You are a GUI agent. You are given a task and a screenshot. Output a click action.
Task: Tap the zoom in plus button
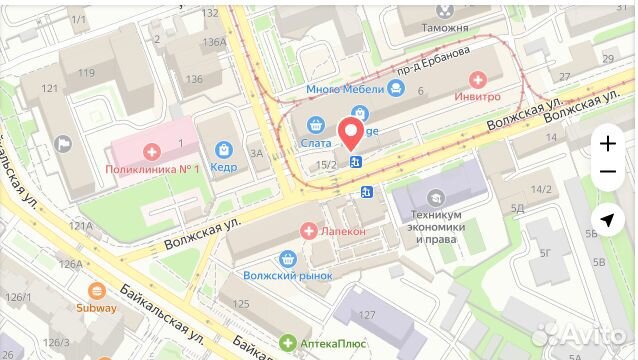tap(607, 143)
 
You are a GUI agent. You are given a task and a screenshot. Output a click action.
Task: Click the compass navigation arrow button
tap(607, 220)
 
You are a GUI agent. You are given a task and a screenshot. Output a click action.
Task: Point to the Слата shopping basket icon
tap(317, 125)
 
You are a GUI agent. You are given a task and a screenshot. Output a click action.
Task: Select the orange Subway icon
tap(97, 291)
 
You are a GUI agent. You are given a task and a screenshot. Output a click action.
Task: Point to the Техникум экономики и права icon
tap(435, 198)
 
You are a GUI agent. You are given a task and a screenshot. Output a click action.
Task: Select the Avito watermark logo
tap(585, 334)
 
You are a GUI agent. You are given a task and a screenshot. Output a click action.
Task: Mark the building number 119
tap(87, 72)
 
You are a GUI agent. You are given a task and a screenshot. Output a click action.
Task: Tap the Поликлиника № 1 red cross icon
tap(152, 151)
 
